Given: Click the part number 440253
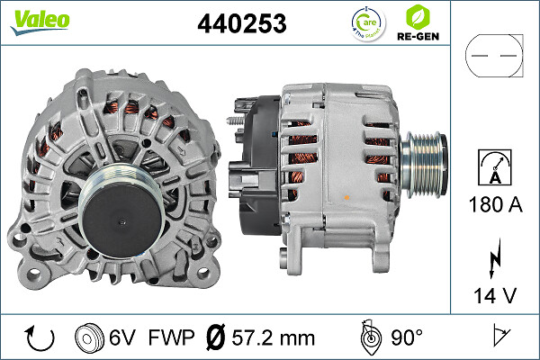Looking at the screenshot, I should (x=241, y=24).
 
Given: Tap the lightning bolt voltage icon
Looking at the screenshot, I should (x=493, y=262).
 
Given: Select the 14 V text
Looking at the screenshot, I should (x=493, y=295).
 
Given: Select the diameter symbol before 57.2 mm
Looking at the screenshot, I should (x=216, y=338).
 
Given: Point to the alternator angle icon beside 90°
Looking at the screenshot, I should (x=369, y=337).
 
